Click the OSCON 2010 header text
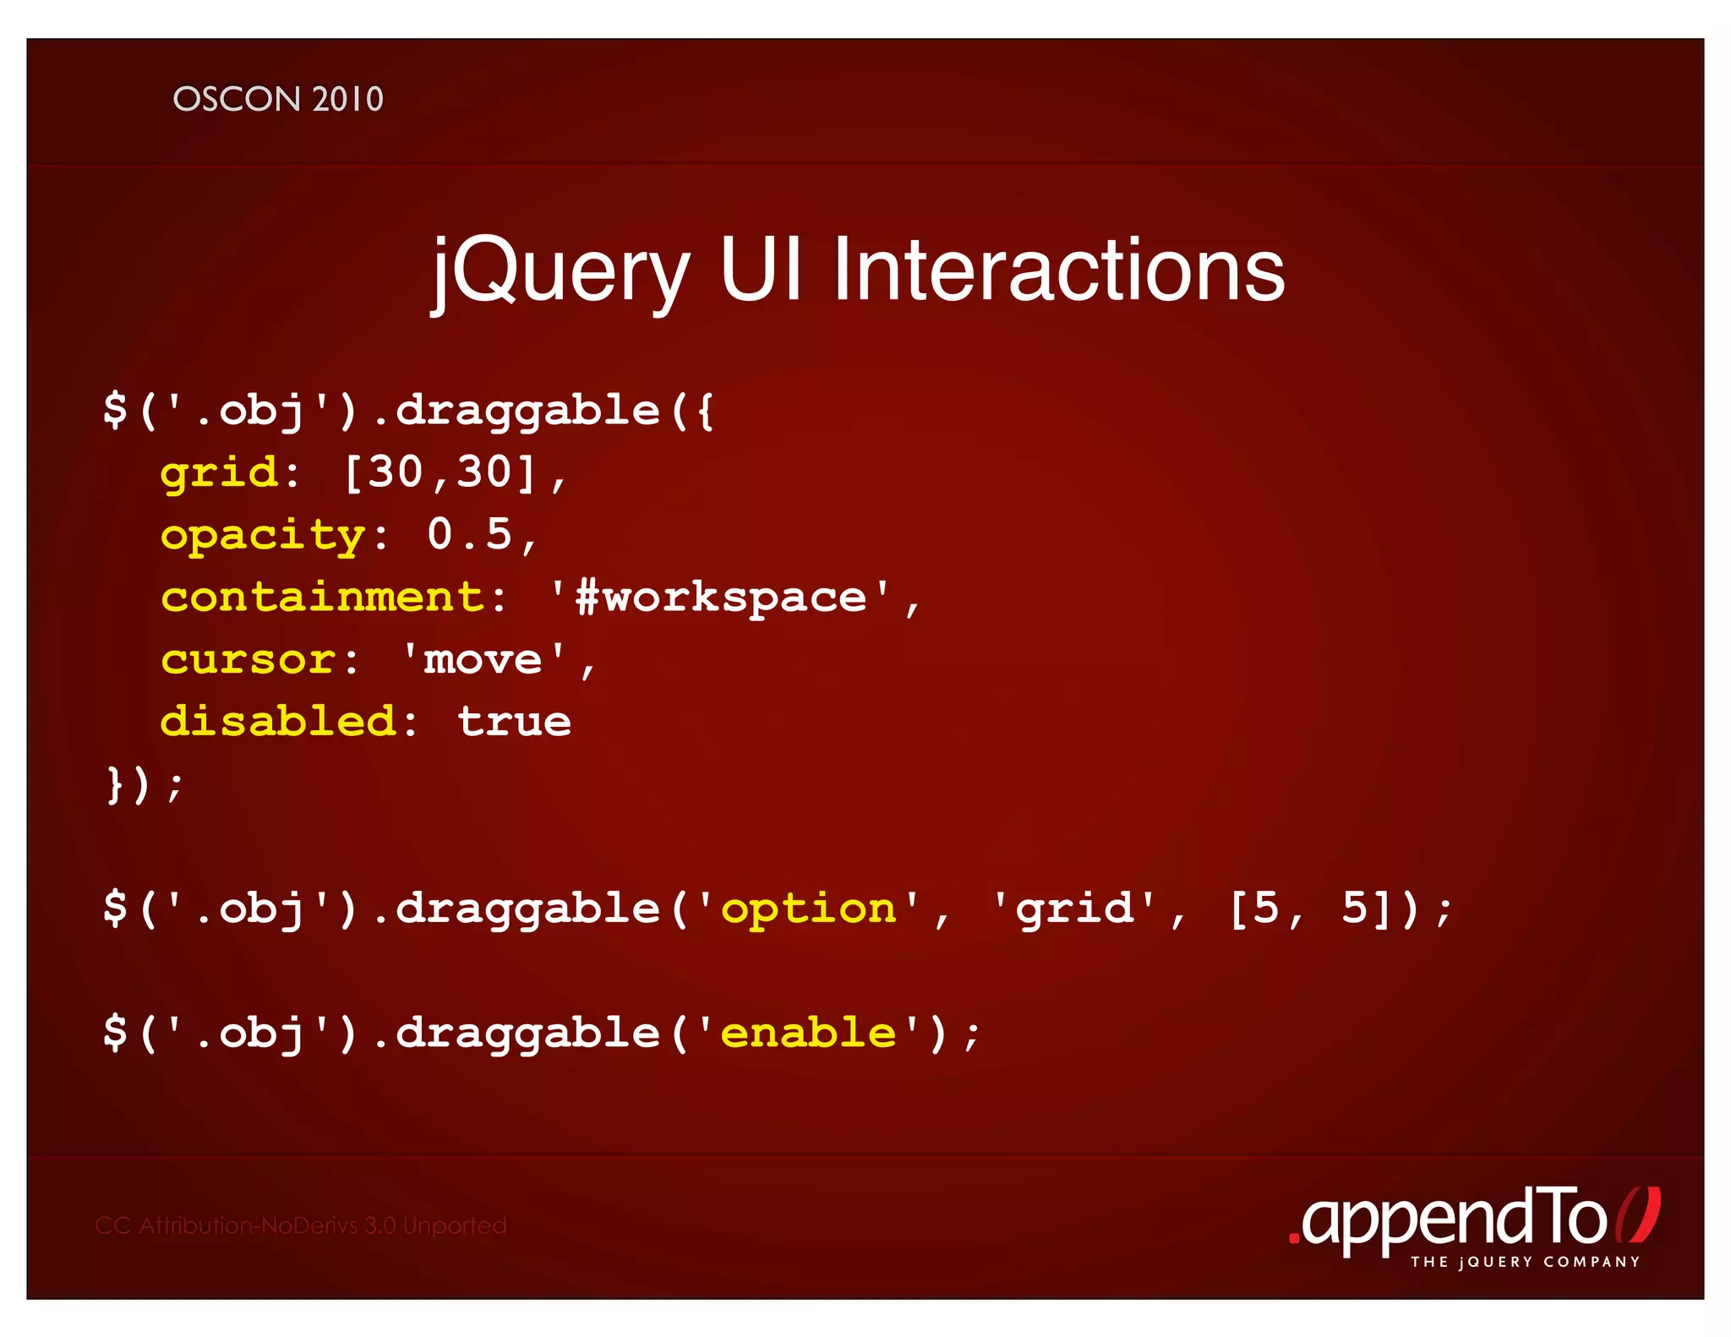278,100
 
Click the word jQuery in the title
560,270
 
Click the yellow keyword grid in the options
219,472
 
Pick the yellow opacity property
263,536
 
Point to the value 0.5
470,534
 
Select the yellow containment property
322,597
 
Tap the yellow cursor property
248,660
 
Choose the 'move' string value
483,659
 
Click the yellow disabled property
278,722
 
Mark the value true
514,722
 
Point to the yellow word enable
808,1033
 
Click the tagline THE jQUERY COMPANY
1525,1262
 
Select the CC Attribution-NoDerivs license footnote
301,1225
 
